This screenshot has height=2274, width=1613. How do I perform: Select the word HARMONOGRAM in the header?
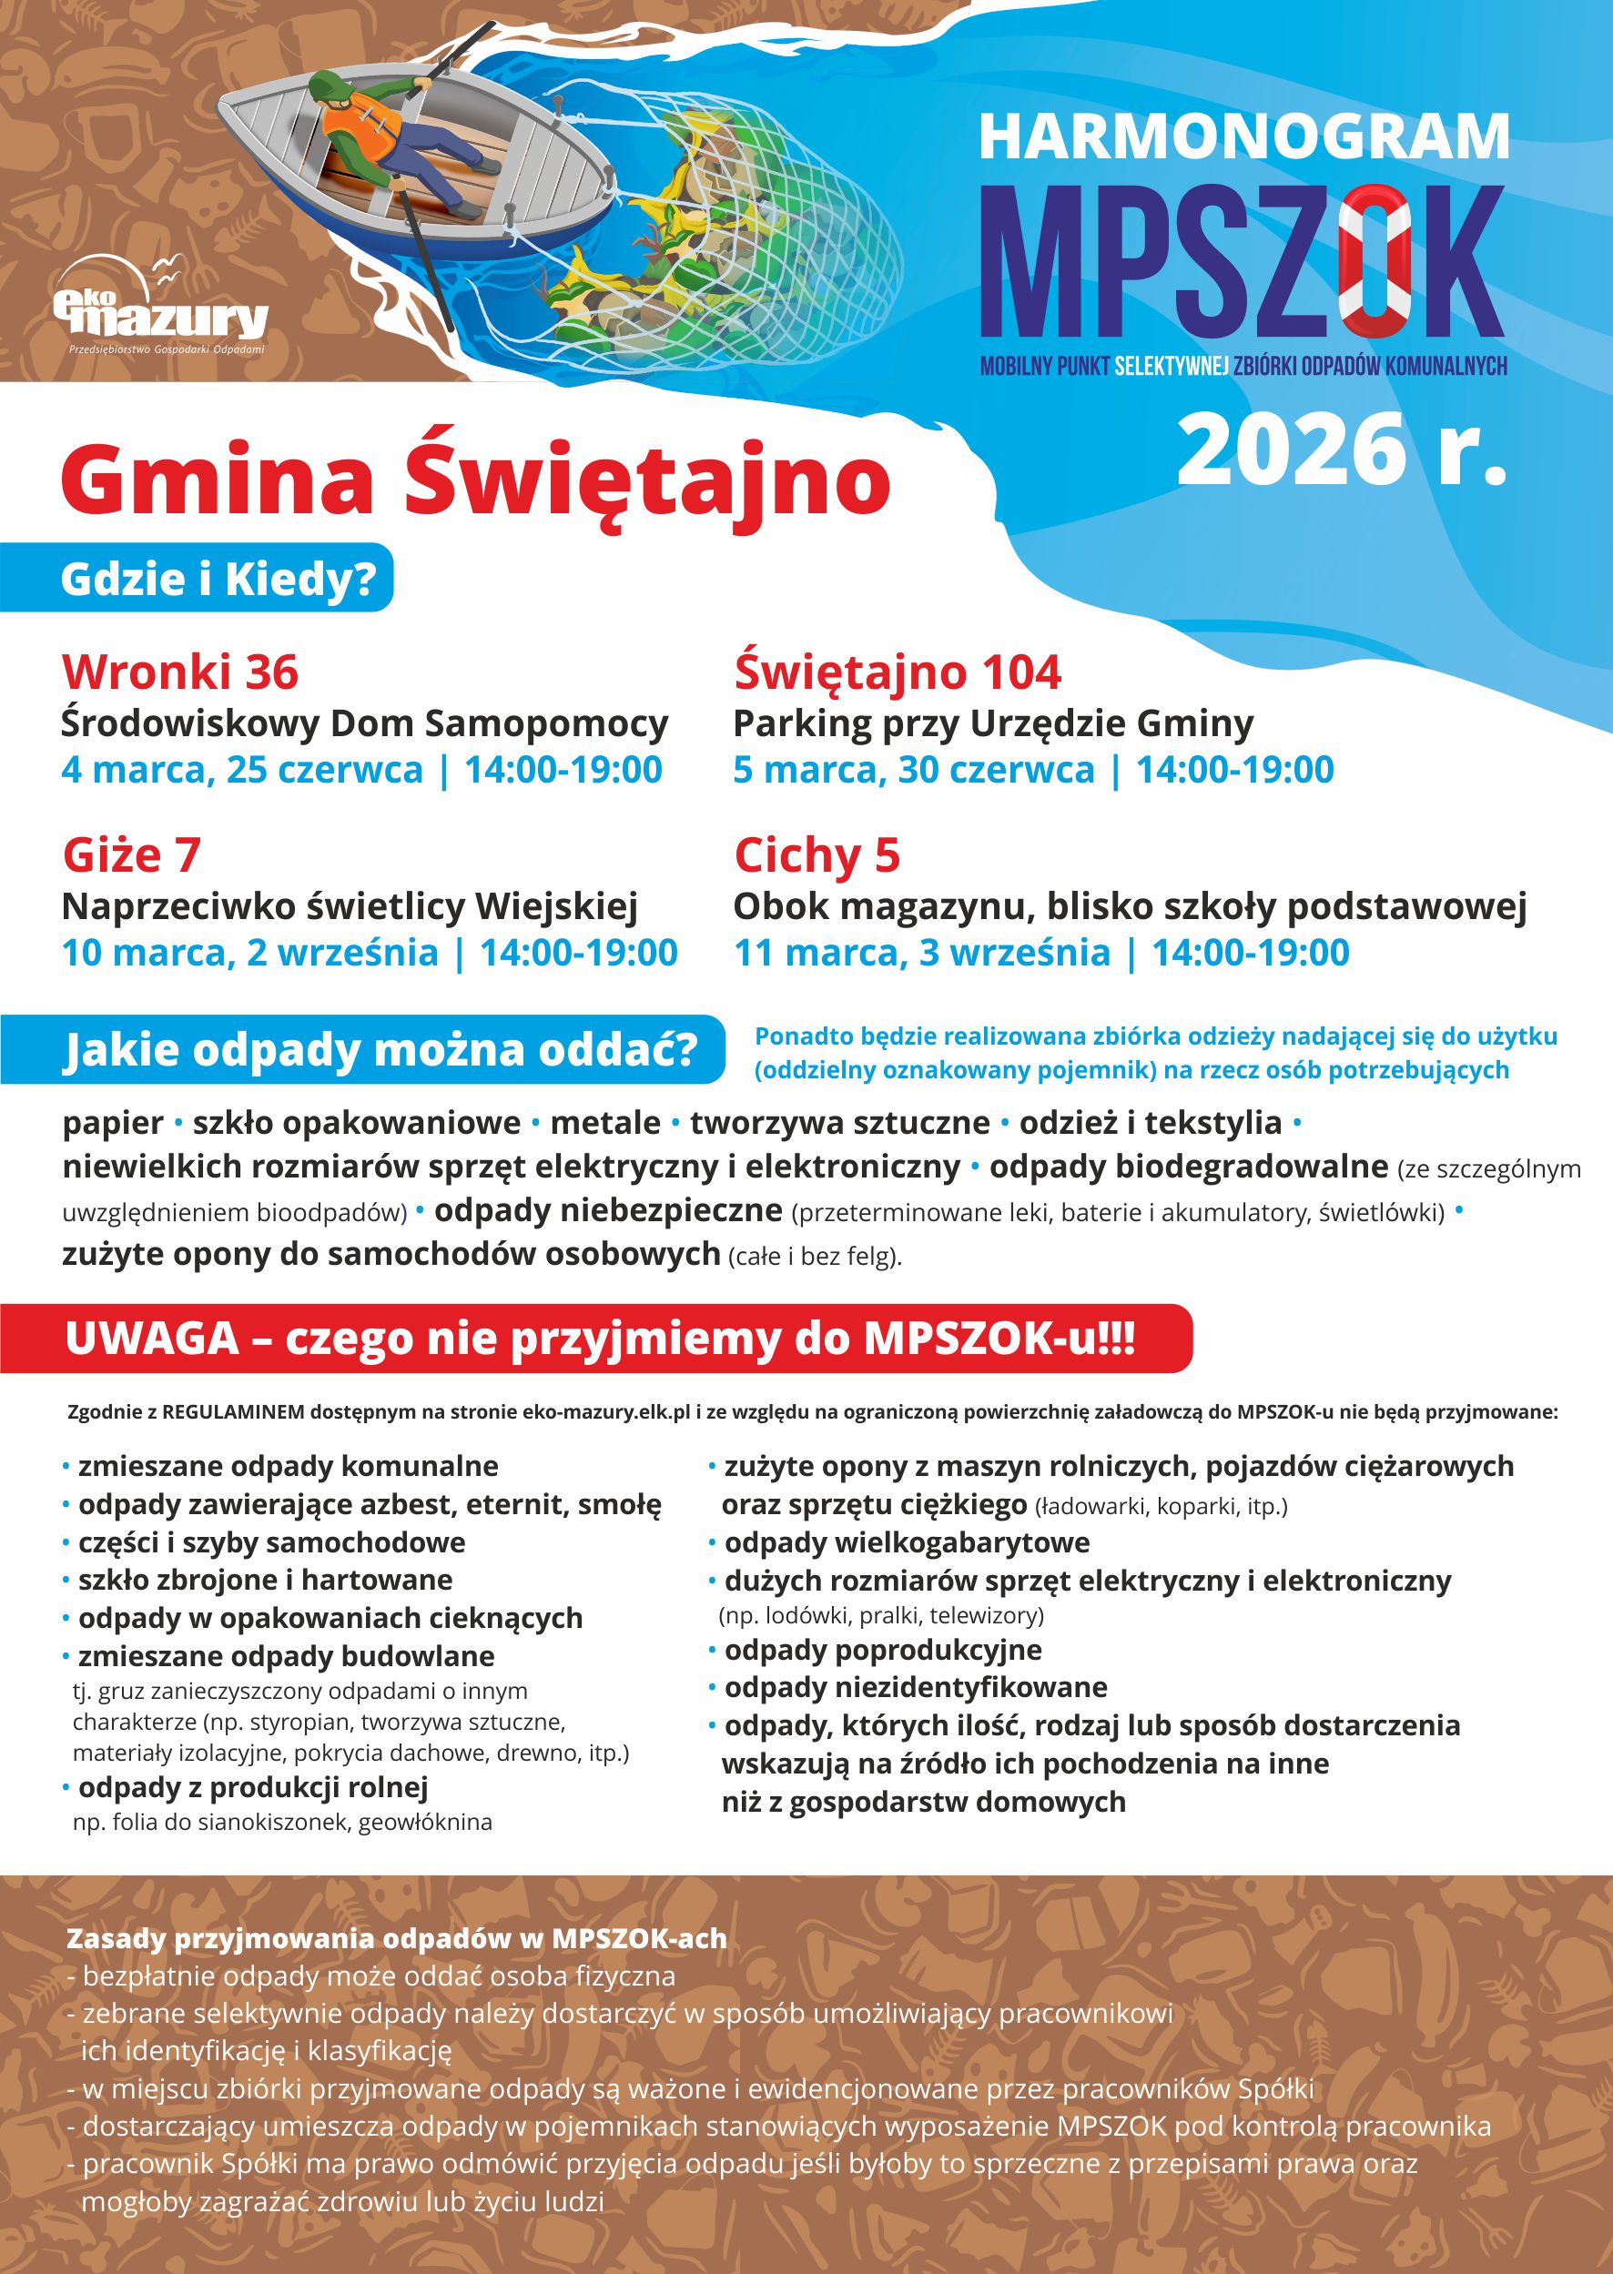pyautogui.click(x=1243, y=138)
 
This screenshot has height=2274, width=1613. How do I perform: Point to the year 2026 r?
pyautogui.click(x=1341, y=450)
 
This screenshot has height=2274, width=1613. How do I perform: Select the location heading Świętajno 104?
pyautogui.click(x=897, y=672)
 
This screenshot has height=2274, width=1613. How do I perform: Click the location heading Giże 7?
pyautogui.click(x=131, y=855)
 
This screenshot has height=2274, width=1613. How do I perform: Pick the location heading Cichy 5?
pyautogui.click(x=817, y=855)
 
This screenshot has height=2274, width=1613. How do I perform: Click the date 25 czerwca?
pyautogui.click(x=325, y=770)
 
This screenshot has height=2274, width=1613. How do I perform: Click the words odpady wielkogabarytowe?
pyautogui.click(x=906, y=1542)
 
